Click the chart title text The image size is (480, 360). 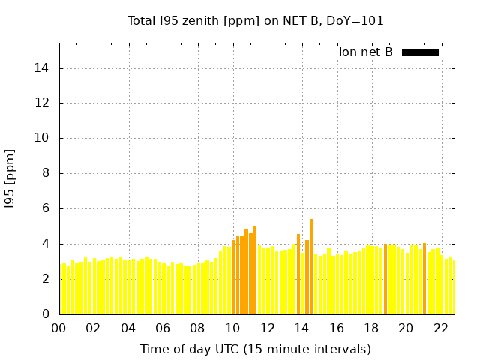pyautogui.click(x=256, y=20)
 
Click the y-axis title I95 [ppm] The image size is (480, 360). pyautogui.click(x=10, y=178)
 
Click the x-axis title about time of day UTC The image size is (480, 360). pyautogui.click(x=256, y=349)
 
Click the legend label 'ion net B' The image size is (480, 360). pyautogui.click(x=365, y=52)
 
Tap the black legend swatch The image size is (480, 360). pyautogui.click(x=420, y=52)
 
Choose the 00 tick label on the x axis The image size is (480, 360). pyautogui.click(x=59, y=328)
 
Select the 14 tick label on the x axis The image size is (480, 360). pyautogui.click(x=302, y=328)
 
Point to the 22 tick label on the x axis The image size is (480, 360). pyautogui.click(x=441, y=328)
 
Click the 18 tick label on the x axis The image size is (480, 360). pyautogui.click(x=372, y=328)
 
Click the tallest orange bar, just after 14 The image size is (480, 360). pyautogui.click(x=311, y=266)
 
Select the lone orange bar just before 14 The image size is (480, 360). pyautogui.click(x=298, y=274)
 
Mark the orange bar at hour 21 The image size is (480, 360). pyautogui.click(x=424, y=278)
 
